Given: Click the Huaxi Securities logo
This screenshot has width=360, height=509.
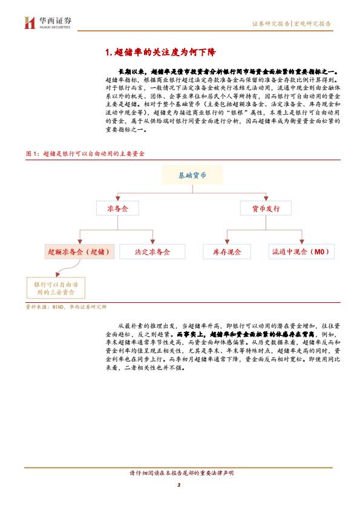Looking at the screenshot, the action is pos(47,23).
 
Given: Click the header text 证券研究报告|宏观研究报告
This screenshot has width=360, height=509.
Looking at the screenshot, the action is pos(292,24).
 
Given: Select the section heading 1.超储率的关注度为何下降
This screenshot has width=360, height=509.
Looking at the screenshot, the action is pos(160,52).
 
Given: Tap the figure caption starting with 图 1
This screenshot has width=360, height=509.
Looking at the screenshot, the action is pos(85,154).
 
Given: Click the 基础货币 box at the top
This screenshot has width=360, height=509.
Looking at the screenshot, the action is pos(192,175).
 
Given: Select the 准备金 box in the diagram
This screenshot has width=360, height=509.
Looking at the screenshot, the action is pos(117,209).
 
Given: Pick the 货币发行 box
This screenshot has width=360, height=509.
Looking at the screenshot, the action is pos(266,209).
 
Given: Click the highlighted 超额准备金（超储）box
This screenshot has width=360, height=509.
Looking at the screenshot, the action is pos(79,251).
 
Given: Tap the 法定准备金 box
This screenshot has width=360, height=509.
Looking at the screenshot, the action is pos(152,251).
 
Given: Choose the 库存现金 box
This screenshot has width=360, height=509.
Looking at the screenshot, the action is pos(227,251).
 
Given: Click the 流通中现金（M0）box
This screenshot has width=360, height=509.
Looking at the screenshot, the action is pos(301,251).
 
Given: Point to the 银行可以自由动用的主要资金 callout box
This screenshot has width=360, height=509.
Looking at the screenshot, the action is pos(56,288).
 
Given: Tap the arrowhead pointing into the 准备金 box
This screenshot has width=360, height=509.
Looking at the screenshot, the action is pos(117,198).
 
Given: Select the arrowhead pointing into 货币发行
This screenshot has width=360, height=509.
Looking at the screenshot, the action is pos(266,198).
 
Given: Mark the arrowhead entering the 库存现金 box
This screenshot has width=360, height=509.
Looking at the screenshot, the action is pos(227,242).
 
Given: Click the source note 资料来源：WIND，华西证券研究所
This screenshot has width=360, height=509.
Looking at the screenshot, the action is pos(66,306).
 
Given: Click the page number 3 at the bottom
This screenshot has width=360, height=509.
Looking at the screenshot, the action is pos(178,485).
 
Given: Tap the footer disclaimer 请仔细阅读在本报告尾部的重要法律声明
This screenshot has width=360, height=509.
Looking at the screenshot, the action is pos(182,473).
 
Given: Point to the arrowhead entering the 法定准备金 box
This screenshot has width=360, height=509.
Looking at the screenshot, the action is pos(152,242).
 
